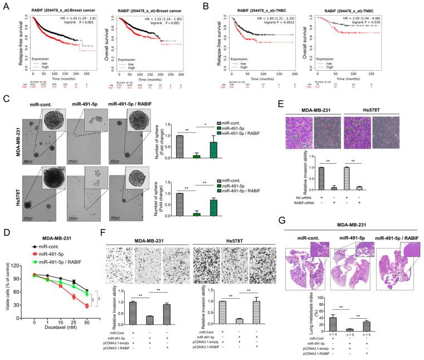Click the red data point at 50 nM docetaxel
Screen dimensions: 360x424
pos(86,306)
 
